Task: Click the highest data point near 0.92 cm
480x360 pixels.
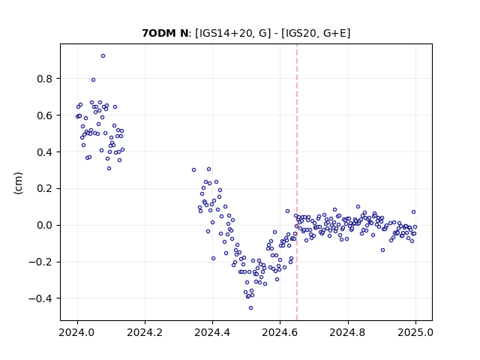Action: click(103, 56)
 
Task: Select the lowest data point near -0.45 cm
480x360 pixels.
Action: click(250, 308)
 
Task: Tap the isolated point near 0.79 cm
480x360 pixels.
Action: click(93, 80)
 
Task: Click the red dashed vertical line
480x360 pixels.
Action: click(297, 182)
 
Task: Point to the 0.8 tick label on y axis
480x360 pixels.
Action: click(45, 79)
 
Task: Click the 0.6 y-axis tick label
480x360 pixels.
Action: click(45, 115)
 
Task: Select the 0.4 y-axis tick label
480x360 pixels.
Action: click(45, 152)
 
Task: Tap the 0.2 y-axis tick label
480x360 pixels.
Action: click(45, 188)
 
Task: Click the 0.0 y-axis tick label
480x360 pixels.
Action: click(45, 225)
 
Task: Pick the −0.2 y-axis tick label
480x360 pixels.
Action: click(40, 262)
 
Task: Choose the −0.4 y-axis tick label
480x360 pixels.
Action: click(40, 298)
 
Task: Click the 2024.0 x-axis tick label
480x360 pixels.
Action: click(77, 332)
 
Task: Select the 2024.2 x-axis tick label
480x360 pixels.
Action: click(145, 332)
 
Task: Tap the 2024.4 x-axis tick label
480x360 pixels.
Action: click(212, 332)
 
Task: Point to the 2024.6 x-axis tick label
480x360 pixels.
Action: click(280, 332)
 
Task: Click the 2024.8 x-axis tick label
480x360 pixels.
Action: click(348, 332)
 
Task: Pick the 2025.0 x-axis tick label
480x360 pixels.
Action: click(415, 332)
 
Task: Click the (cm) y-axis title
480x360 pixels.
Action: click(18, 183)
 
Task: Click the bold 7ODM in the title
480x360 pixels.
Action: click(156, 33)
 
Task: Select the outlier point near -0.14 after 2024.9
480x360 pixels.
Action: click(382, 250)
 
